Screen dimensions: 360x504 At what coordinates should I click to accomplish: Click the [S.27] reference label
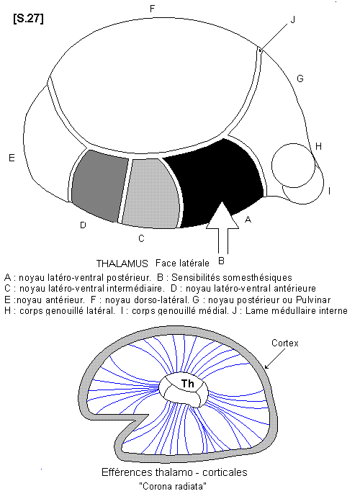click(x=28, y=19)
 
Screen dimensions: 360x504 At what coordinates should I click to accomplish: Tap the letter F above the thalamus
click(x=153, y=9)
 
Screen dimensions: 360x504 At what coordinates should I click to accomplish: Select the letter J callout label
click(x=293, y=20)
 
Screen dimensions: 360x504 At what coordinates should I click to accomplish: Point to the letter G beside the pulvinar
click(x=300, y=78)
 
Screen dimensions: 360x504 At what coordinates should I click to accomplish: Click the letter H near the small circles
click(x=318, y=146)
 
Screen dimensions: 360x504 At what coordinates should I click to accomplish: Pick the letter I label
click(x=330, y=191)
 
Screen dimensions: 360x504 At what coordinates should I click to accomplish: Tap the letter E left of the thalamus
click(x=12, y=158)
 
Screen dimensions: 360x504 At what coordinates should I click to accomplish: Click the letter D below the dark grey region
click(x=83, y=225)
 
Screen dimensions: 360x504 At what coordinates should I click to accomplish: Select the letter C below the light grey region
click(x=141, y=238)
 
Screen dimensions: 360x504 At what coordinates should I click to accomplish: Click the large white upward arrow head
click(x=222, y=216)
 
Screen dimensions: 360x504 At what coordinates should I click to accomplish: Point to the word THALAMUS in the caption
click(x=122, y=264)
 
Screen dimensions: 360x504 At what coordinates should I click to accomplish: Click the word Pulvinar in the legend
click(x=313, y=300)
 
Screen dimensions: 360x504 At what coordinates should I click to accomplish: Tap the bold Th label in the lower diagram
click(x=188, y=384)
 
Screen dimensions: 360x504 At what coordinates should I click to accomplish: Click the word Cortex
click(x=285, y=343)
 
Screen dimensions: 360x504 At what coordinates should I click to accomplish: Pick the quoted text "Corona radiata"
click(x=173, y=486)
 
